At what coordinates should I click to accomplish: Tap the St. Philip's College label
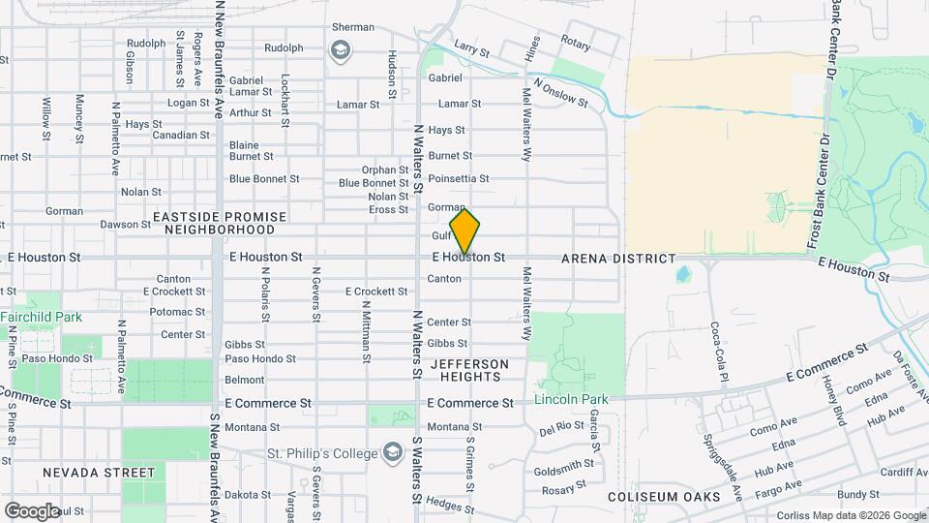323,453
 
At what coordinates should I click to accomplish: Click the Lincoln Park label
571,399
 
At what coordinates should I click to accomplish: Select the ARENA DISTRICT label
618,259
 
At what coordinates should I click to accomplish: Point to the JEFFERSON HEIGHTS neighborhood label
467,369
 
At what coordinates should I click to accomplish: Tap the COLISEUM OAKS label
664,497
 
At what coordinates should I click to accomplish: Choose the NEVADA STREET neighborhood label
98,473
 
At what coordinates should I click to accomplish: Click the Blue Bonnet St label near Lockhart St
264,178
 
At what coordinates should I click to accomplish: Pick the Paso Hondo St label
260,358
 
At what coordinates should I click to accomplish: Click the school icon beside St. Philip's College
392,452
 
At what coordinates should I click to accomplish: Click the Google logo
31,510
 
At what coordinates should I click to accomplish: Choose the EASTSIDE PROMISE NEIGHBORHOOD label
219,223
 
